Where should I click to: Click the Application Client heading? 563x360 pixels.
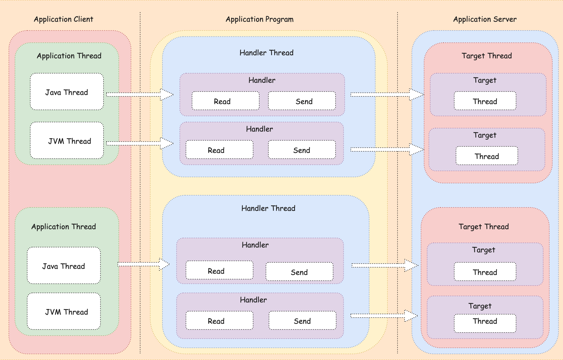point(64,19)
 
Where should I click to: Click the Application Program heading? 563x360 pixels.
point(260,19)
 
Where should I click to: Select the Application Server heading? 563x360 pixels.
point(485,19)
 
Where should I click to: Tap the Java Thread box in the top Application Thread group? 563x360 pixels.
point(67,92)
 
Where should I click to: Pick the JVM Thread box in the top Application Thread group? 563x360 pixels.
point(67,140)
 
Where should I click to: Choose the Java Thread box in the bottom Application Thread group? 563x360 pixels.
point(64,265)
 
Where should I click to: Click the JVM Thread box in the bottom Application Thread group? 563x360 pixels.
point(64,311)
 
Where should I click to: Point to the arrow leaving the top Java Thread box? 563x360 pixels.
point(140,95)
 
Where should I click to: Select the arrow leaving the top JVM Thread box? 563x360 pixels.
point(140,143)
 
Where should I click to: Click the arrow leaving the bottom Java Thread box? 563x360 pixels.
point(143,264)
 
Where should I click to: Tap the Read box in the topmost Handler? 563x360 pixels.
point(226,101)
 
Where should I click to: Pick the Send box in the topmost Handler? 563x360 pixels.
point(302,101)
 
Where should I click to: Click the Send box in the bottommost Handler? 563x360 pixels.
point(303,320)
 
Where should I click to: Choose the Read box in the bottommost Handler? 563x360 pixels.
point(220,320)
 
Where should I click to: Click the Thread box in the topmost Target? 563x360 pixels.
point(485,101)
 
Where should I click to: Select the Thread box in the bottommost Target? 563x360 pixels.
point(485,323)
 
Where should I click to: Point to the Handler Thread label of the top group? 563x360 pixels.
point(267,53)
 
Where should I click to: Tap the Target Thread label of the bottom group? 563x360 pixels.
point(484,227)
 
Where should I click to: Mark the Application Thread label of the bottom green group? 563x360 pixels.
point(64,227)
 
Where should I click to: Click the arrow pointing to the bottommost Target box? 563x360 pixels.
point(384,316)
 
